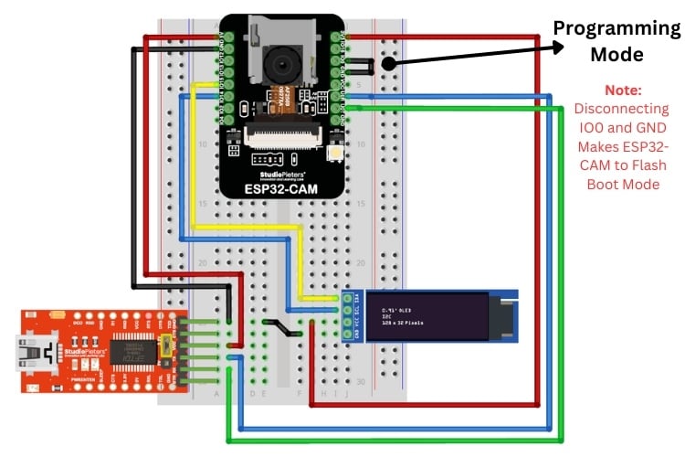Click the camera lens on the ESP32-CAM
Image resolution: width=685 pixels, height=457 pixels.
283,63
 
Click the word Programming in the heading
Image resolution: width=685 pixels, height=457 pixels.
616,28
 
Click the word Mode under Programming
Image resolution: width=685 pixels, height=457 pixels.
616,55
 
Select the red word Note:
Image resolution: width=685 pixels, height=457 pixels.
623,91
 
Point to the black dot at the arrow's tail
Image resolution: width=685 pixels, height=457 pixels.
388,63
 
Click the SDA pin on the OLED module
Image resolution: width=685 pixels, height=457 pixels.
347,299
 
